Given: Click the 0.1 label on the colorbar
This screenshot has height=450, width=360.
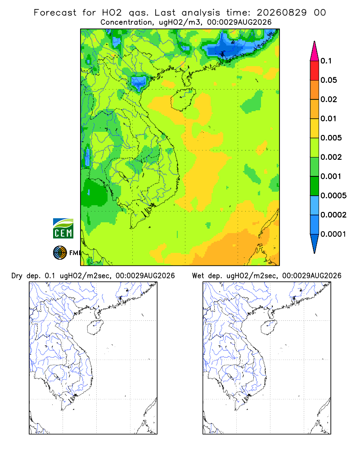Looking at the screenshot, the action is pos(326,61).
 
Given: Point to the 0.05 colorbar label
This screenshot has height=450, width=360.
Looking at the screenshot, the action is pos(328,80).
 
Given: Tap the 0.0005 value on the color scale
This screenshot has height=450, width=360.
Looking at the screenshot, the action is pos(333,196).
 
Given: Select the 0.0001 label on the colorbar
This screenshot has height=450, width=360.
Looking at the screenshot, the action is pos(333,234).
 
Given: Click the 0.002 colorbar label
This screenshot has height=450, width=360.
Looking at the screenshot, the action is pos(331,157).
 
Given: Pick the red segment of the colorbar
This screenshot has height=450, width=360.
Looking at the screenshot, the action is pos(315,71).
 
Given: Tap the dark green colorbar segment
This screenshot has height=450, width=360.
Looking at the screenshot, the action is pos(315,186).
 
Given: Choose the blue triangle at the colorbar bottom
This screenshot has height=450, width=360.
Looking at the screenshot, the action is pos(315,243).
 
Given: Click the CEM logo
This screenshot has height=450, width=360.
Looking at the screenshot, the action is pos(63,229).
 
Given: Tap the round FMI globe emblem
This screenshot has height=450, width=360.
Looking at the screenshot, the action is pos(60,253).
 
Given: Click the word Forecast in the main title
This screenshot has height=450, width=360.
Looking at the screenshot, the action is pos(55,13).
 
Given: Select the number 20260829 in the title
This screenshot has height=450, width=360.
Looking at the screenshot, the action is pos(282,13).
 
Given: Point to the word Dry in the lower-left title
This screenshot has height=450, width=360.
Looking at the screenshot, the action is pos(17,276).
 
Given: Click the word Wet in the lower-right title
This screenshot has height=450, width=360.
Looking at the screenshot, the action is pos(198,276).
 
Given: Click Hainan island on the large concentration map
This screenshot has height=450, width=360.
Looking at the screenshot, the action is pos(183,99).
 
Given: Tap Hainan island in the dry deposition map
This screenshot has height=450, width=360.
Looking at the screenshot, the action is pos(95,327).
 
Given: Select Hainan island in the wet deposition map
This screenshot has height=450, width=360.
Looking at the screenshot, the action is pos(269,327).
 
